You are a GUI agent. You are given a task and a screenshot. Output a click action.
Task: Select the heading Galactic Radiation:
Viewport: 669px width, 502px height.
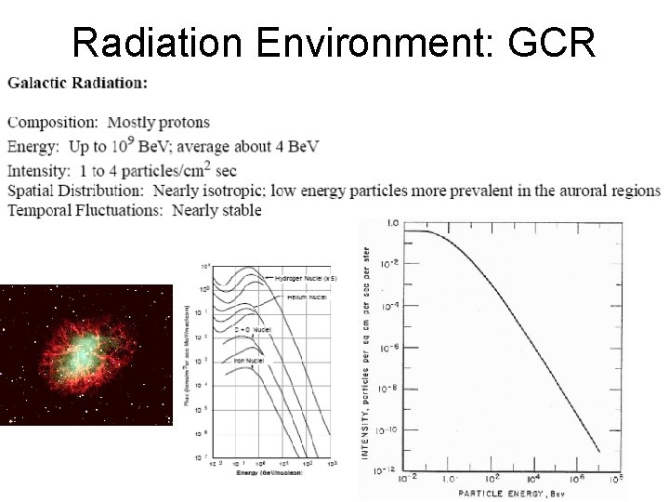77,83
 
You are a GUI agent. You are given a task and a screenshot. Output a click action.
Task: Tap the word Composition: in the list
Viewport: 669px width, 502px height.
53,122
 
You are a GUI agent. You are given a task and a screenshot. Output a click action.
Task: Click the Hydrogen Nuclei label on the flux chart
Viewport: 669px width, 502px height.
299,278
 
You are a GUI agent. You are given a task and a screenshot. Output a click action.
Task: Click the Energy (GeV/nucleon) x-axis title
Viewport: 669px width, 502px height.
261,472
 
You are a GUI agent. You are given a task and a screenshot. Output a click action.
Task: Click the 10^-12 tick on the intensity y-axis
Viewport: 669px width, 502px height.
386,469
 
